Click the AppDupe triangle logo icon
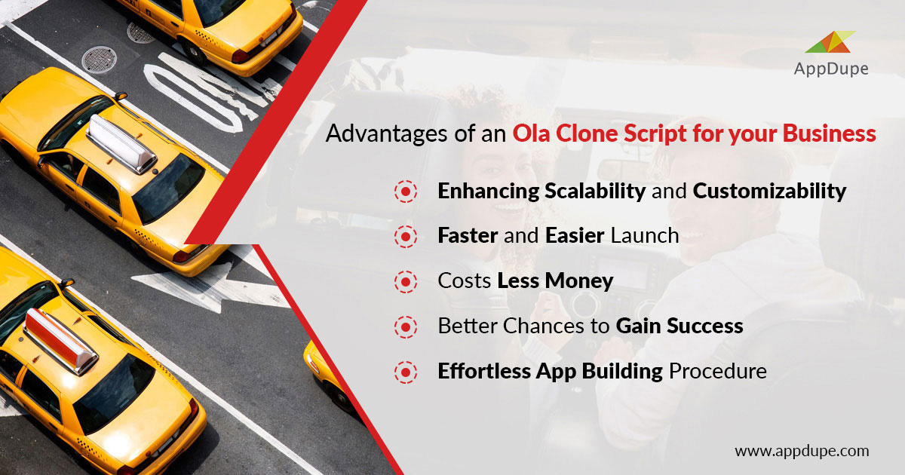click(830, 42)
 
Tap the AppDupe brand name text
click(831, 69)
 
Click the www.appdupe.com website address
click(802, 451)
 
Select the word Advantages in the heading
click(387, 133)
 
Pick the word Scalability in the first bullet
click(595, 191)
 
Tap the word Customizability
click(770, 191)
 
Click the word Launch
click(645, 235)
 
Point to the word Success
click(705, 326)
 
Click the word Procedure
click(718, 371)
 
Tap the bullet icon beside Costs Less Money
click(406, 281)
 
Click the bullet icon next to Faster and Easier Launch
click(406, 236)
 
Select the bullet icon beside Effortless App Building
click(406, 372)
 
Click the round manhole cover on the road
click(99, 60)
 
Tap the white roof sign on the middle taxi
click(121, 144)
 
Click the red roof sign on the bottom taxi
click(60, 342)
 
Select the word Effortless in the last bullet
click(484, 371)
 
